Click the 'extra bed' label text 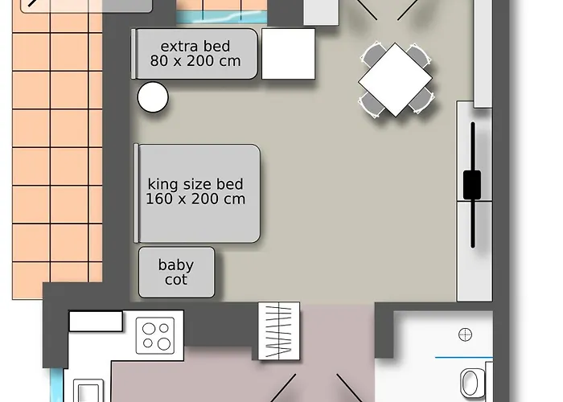click(195, 47)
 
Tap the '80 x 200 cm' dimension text click(195, 61)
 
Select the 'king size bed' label click(195, 184)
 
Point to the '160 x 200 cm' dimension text click(195, 199)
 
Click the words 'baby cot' click(176, 272)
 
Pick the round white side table click(153, 97)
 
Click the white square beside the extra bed click(288, 54)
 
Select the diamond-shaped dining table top click(396, 80)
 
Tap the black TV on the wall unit click(472, 185)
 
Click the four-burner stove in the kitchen click(155, 335)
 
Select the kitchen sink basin click(88, 392)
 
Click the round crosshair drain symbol click(466, 334)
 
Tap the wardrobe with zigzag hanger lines click(279, 331)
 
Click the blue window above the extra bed click(221, 17)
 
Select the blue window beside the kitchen click(56, 385)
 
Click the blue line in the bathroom click(463, 358)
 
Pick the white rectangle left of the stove click(96, 322)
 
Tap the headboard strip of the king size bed click(136, 193)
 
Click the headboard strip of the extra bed click(134, 54)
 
